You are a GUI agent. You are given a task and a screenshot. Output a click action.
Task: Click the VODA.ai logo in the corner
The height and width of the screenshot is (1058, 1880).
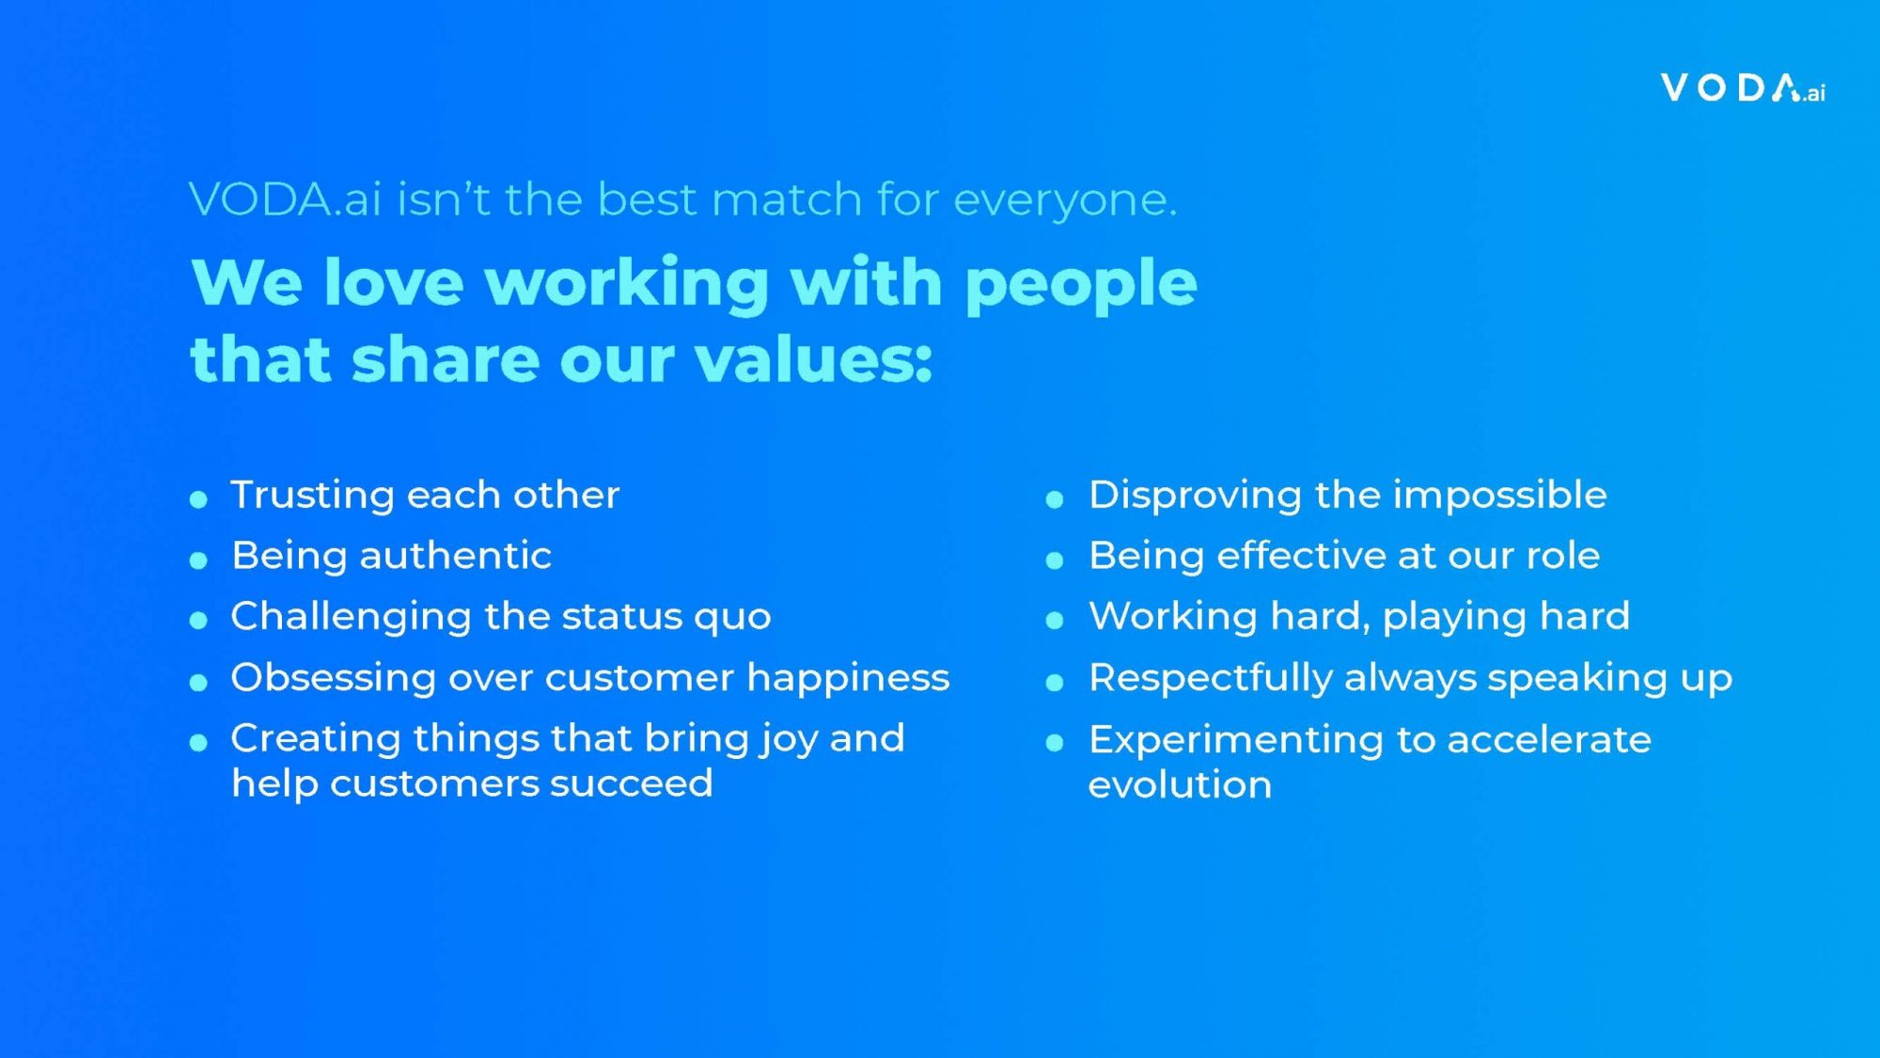click(1743, 88)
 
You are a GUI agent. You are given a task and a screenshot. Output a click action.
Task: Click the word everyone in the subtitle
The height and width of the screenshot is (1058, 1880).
click(1065, 200)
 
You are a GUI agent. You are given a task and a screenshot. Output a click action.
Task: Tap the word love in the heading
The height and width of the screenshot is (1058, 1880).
click(394, 282)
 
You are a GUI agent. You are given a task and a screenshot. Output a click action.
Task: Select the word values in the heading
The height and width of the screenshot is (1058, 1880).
click(814, 360)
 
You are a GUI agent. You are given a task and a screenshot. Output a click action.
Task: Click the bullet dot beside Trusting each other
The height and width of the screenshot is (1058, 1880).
click(198, 499)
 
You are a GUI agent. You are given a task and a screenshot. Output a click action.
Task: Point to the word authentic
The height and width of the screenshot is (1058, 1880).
click(456, 556)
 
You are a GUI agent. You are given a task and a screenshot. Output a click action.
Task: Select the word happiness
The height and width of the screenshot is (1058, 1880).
click(848, 678)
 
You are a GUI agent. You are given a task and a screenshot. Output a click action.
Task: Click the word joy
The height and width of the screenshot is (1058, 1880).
click(789, 740)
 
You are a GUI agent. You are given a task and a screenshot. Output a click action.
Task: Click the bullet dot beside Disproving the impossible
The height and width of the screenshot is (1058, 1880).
click(1055, 499)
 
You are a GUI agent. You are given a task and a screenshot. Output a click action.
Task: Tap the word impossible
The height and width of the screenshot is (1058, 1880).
click(1500, 496)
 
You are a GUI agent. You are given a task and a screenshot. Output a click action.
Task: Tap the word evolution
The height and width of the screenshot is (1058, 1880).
click(1181, 785)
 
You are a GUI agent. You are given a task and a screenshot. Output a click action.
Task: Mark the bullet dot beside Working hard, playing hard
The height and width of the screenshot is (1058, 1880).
click(1055, 621)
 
